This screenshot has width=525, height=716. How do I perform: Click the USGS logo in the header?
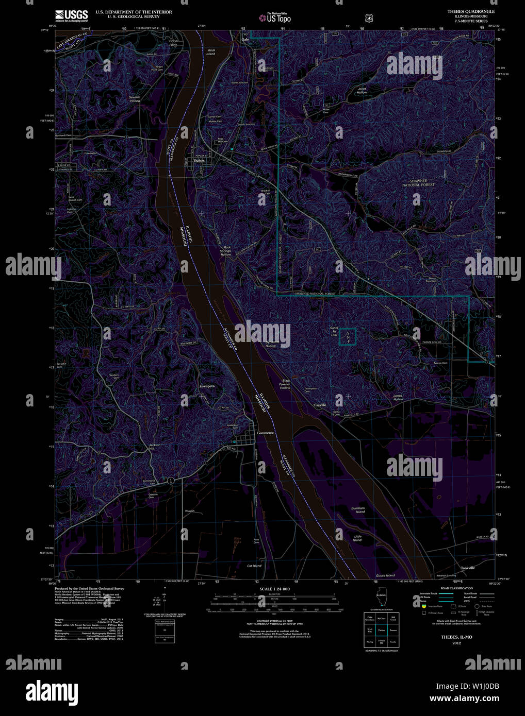72,15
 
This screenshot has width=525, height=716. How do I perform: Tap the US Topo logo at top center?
275,19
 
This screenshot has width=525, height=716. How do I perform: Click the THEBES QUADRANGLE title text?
471,11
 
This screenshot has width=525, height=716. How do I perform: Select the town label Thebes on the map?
199,161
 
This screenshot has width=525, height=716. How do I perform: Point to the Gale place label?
245,39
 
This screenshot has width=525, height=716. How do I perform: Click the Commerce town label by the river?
265,433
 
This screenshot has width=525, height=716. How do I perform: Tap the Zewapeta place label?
207,386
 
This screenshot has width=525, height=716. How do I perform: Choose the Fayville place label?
320,405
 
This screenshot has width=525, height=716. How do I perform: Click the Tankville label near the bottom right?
468,568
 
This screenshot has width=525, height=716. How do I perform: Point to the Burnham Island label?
358,510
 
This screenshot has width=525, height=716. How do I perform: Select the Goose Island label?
385,575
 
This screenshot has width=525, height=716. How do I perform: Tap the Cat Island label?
254,566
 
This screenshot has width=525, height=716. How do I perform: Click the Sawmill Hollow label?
135,98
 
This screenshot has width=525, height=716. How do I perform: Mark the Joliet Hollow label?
362,90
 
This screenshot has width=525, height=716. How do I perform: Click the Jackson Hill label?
152,446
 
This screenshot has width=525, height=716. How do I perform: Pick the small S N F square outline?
348,336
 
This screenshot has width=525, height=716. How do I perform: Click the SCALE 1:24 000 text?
274,589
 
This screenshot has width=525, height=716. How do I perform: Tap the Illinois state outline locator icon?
381,600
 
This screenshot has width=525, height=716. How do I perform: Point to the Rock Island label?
211,52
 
